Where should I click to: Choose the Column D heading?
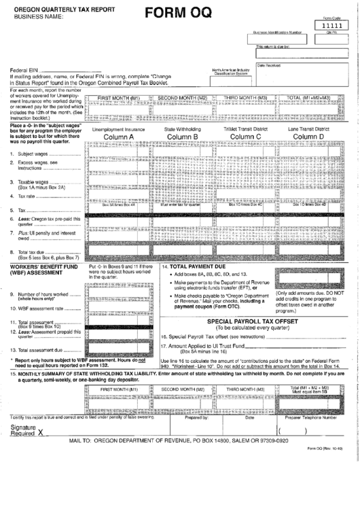click(308, 137)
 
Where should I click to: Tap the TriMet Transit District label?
click(246, 128)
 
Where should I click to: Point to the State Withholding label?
click(182, 128)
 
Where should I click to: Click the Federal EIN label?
click(24, 70)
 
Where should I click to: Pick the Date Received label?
click(268, 65)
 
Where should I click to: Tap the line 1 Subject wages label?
click(32, 154)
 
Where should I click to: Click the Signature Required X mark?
click(41, 432)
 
